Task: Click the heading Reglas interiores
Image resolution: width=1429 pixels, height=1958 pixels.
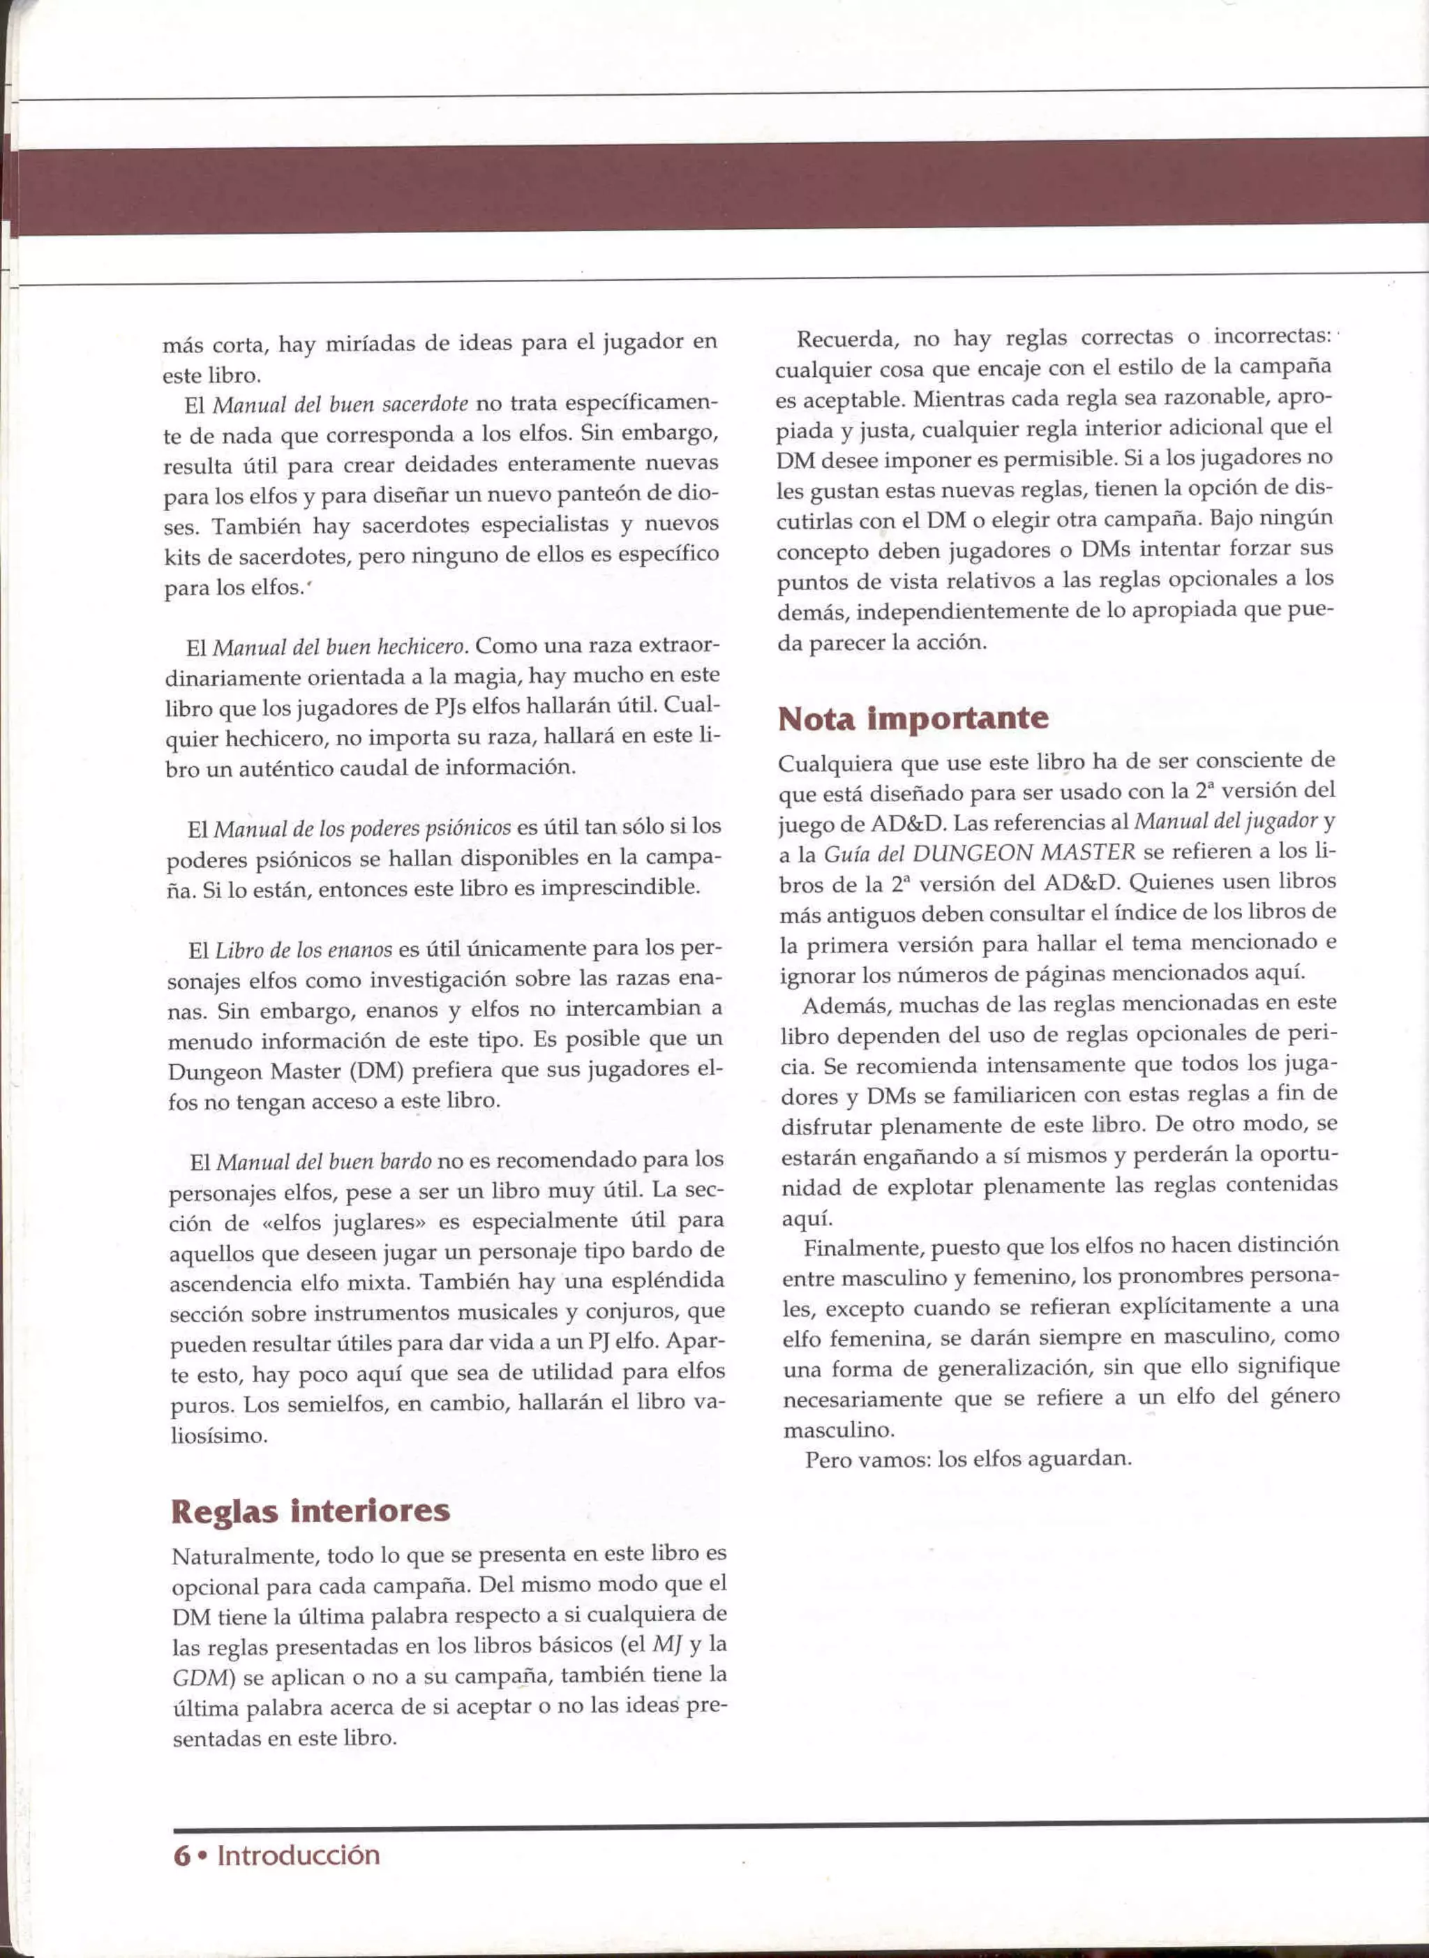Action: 311,1511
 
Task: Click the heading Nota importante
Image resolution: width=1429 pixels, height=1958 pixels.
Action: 913,719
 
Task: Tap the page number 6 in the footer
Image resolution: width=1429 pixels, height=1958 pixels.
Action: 181,1855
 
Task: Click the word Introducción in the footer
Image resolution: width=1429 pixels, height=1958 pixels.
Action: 299,1855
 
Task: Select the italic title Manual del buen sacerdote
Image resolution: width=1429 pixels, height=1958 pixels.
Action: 340,404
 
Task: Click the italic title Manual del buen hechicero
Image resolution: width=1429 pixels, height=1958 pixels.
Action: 341,647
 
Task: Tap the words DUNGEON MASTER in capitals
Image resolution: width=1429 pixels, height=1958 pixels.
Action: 1024,853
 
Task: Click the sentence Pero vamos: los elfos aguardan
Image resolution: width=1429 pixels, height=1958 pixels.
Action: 968,1459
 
